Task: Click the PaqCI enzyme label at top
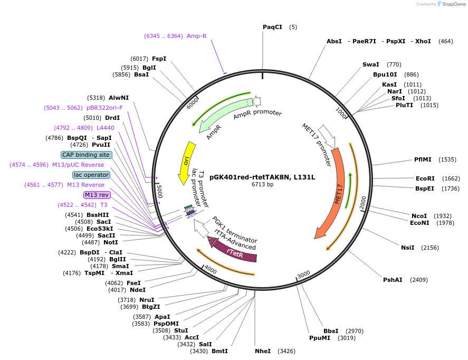(x=272, y=27)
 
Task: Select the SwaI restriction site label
(x=370, y=64)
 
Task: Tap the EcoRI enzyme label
(x=425, y=178)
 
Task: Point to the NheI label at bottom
(x=262, y=350)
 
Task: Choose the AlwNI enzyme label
(x=119, y=98)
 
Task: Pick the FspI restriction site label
(x=159, y=59)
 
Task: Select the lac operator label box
(x=91, y=175)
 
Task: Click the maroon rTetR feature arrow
(x=235, y=252)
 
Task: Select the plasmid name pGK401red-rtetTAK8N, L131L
(x=262, y=177)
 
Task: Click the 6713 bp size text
(x=262, y=185)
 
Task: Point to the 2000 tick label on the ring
(x=362, y=203)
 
